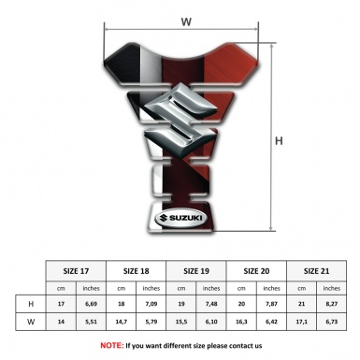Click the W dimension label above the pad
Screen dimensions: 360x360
tap(186, 22)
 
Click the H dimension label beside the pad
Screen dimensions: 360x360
tap(279, 141)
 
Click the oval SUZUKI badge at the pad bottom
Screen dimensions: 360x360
tap(180, 218)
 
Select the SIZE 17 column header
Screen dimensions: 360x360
tap(76, 271)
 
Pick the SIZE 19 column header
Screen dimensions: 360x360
tap(196, 271)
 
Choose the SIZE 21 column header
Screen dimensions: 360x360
tap(316, 271)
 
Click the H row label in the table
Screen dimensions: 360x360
tap(31, 304)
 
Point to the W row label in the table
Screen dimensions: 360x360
tap(31, 322)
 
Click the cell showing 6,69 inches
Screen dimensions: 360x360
tap(91, 304)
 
